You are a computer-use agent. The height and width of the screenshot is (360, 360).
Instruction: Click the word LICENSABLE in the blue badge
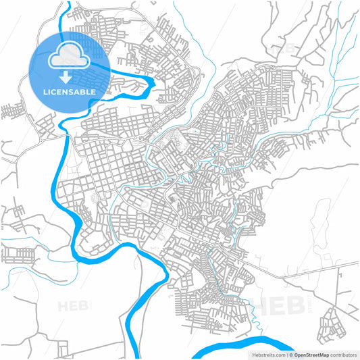coord(70,91)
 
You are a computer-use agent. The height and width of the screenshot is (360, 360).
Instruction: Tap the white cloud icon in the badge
coord(70,55)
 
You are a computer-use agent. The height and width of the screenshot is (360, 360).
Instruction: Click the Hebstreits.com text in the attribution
coord(267,354)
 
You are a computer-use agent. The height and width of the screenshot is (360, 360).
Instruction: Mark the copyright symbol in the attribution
coord(292,354)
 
